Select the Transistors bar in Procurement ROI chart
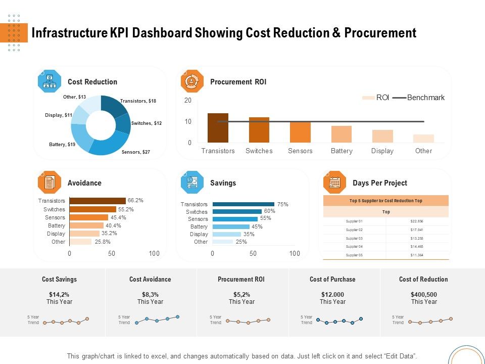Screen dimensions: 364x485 tap(218, 128)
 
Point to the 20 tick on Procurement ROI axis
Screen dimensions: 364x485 tap(188, 101)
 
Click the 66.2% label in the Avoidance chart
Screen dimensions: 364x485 tap(135, 200)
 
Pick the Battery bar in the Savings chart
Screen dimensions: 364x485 tap(231, 226)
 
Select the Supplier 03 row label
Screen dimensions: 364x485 tap(354, 238)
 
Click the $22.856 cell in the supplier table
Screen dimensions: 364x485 tap(417, 221)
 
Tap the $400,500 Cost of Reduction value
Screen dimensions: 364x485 tap(423, 294)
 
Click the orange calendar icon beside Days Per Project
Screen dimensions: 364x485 tap(334, 183)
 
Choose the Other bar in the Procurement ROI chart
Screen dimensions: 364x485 tap(423, 139)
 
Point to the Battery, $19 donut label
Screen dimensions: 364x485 tap(62, 145)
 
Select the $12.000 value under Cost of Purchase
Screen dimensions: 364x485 tap(332, 294)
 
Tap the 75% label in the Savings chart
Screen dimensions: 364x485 tap(283, 204)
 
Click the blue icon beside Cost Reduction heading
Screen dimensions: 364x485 tap(50, 81)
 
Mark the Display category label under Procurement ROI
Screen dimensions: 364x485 tap(382, 151)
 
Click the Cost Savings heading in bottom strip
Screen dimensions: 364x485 tap(60, 279)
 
